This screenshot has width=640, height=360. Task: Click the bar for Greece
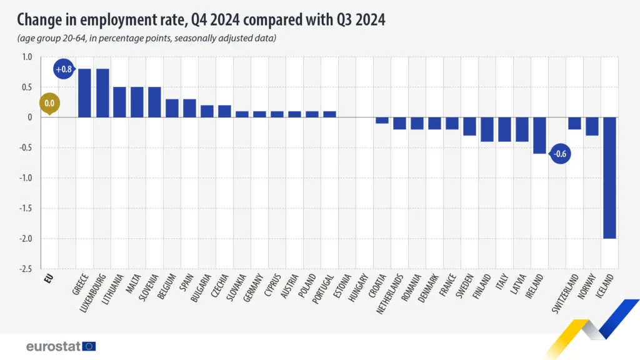point(84,93)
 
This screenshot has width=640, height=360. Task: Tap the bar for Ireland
point(539,135)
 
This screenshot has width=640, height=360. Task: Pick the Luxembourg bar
point(102,93)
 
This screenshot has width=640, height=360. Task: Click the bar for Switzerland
point(574,123)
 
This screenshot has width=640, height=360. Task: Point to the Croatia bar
point(382,120)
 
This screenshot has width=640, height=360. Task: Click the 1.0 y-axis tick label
point(26,57)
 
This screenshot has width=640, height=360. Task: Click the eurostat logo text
point(52,346)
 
